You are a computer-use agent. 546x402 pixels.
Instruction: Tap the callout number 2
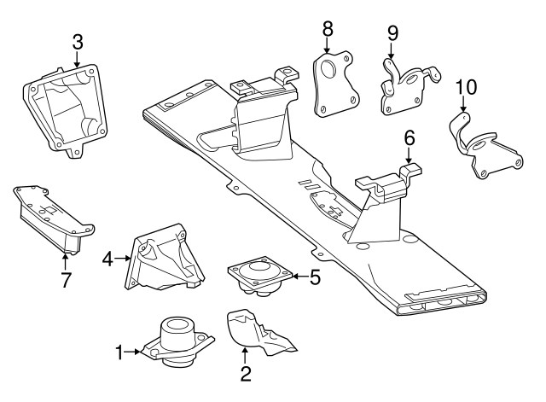[x=245, y=372]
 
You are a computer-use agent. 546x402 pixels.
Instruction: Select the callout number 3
[x=77, y=41]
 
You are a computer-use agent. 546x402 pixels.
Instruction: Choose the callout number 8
[x=328, y=29]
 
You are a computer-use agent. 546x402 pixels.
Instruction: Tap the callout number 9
[x=392, y=33]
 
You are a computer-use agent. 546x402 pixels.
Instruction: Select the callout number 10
[x=464, y=87]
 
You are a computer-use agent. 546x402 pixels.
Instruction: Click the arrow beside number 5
[x=296, y=276]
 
